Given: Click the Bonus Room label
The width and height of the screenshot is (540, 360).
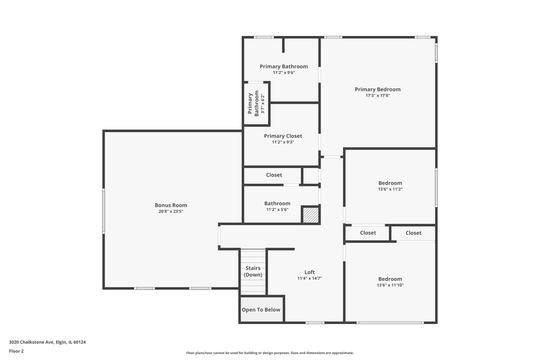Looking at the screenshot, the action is (171, 205).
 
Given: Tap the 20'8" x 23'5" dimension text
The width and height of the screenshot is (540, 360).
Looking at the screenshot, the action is (171, 211).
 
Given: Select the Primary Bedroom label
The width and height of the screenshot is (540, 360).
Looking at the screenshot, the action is (378, 89).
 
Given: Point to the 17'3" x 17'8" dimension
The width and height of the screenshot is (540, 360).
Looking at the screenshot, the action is (378, 95).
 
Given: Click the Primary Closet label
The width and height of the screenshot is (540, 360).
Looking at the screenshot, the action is (283, 136).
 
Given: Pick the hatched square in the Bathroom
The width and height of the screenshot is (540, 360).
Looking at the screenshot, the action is (311, 215).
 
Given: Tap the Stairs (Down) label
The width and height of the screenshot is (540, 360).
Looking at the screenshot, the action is (253, 271).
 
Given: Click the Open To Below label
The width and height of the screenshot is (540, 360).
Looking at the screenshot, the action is (261, 310).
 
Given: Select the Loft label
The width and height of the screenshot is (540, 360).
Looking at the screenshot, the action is (310, 272).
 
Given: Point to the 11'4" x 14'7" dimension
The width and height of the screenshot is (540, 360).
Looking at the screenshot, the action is (310, 278).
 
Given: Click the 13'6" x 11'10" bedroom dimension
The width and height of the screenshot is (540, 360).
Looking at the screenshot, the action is (390, 285).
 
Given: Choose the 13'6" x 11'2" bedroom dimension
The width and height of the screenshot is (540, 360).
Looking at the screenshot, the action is (390, 189).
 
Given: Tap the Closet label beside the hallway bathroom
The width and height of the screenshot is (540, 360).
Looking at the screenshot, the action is (274, 175).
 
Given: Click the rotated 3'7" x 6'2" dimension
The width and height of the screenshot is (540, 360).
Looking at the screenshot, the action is (263, 104).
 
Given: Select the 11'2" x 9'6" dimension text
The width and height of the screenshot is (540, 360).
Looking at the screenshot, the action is (284, 73).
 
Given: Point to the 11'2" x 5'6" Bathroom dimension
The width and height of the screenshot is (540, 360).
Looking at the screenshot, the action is (277, 210).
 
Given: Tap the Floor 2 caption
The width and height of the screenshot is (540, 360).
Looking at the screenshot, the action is (16, 351).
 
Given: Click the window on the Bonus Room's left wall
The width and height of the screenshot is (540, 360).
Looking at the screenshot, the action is (104, 211).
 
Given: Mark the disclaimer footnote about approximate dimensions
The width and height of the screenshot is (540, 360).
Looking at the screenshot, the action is (270, 353).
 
